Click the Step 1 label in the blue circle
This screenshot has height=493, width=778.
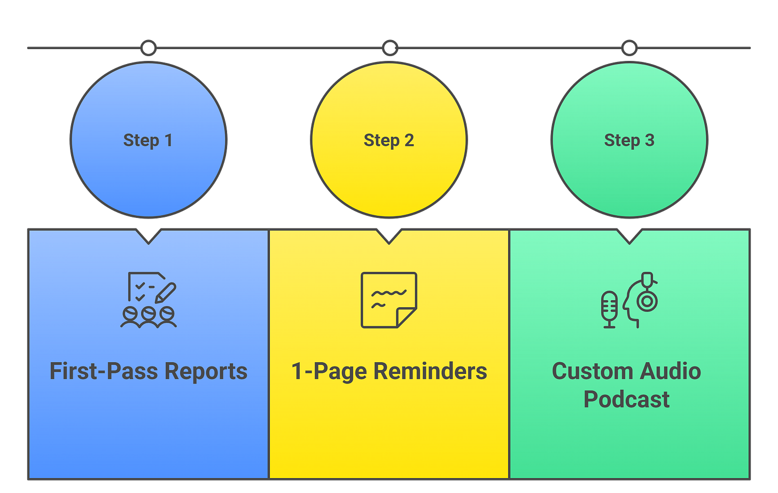coord(148,140)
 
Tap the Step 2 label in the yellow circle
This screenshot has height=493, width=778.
coord(388,140)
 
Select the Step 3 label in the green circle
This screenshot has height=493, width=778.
coord(629,140)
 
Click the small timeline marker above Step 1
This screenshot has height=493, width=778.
coord(148,48)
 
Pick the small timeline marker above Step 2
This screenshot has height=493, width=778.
coord(390,48)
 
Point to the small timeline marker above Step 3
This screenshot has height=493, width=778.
coord(629,48)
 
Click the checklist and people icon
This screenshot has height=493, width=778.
coord(149,300)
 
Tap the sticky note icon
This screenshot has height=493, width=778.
coord(388,300)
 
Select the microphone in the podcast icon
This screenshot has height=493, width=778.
coord(609,309)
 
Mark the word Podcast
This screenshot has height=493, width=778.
coord(626,400)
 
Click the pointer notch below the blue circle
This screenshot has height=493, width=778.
coord(149,236)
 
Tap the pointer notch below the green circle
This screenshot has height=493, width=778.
coord(629,236)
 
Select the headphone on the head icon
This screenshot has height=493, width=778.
coord(647,301)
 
